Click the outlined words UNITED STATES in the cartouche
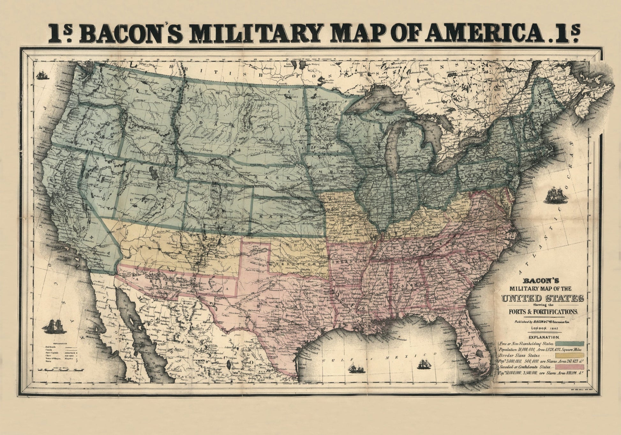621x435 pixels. [543, 299]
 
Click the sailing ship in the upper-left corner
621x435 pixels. [42, 75]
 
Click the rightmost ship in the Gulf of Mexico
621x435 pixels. [423, 364]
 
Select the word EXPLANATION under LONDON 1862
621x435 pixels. [543, 337]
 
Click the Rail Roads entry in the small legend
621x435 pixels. [51, 346]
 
